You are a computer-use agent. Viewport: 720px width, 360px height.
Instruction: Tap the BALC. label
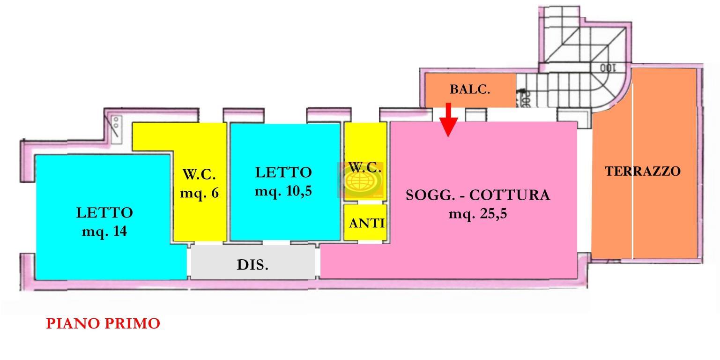[x=470, y=89]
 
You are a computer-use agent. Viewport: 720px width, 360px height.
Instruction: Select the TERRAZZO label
[x=642, y=172]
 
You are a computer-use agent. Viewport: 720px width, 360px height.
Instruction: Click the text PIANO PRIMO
[x=103, y=323]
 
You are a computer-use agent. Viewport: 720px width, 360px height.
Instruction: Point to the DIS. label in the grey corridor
[x=252, y=265]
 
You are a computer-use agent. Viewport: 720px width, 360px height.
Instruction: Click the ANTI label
[x=367, y=223]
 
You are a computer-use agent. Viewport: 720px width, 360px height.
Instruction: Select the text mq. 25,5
[x=477, y=214]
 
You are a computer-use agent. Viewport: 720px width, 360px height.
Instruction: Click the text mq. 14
[x=104, y=231]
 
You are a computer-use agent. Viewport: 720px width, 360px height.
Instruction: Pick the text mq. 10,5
[x=283, y=191]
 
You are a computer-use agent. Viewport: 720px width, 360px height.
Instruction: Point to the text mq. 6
[x=199, y=193]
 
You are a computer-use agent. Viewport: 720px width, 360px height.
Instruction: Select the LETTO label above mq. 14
[x=104, y=213]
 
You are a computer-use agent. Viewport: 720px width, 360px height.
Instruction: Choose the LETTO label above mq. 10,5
[x=283, y=172]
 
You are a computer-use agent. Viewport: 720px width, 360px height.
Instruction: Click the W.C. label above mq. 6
[x=199, y=174]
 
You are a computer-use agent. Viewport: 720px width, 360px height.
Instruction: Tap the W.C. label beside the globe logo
[x=364, y=167]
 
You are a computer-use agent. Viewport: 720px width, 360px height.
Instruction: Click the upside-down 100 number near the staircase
[x=607, y=68]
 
